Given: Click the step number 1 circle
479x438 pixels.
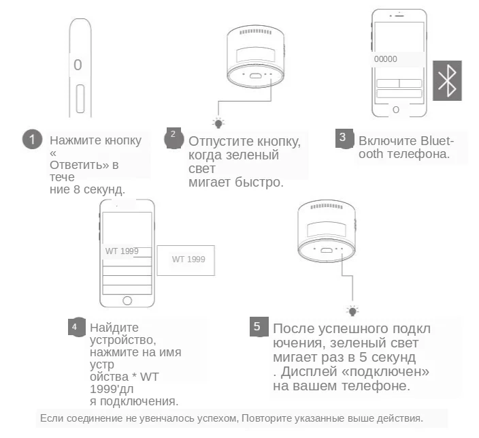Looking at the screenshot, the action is click(32, 140).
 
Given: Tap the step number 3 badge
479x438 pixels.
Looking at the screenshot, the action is click(344, 137).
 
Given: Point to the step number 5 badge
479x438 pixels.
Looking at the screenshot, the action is click(258, 327).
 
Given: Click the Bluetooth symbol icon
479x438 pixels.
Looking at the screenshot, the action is click(447, 80).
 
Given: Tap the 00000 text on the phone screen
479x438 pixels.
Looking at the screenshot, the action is click(386, 60).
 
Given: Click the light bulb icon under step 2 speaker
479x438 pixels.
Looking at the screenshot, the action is click(218, 123).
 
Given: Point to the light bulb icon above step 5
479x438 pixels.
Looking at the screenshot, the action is click(352, 311).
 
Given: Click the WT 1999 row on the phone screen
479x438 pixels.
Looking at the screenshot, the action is click(122, 251).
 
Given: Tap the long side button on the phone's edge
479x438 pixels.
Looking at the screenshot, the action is click(80, 99).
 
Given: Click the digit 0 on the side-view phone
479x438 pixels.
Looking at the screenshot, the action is click(78, 65).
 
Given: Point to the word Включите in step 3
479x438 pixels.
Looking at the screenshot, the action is click(386, 141).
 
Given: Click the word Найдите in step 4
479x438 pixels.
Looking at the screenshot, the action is click(114, 327).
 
